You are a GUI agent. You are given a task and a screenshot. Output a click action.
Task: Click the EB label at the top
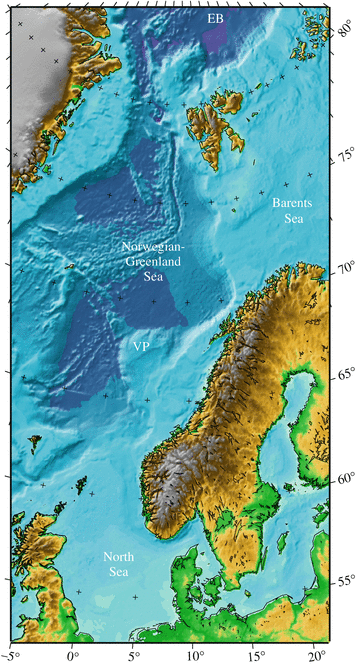pos(215,19)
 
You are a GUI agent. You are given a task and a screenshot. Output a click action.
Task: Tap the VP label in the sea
pos(142,346)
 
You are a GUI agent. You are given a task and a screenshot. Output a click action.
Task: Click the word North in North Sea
pos(119,556)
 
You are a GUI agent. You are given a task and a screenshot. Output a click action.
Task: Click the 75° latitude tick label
pos(345,156)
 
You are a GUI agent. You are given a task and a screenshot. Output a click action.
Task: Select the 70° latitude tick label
pos(345,269)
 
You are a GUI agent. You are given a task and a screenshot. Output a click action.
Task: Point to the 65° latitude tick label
pos(345,375)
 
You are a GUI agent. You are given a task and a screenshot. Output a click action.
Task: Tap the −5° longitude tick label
pos(12,656)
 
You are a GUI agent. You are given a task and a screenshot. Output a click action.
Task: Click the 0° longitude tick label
pos(72,656)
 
